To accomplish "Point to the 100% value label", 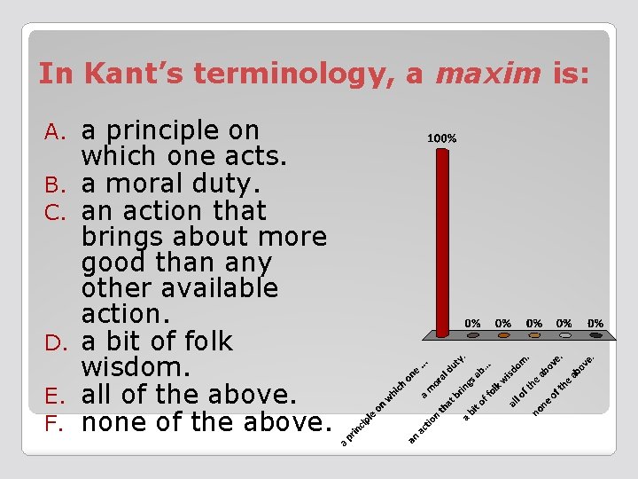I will click(x=442, y=138).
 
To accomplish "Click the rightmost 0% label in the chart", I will click(x=595, y=324).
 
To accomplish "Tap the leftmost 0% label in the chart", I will click(x=473, y=324).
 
